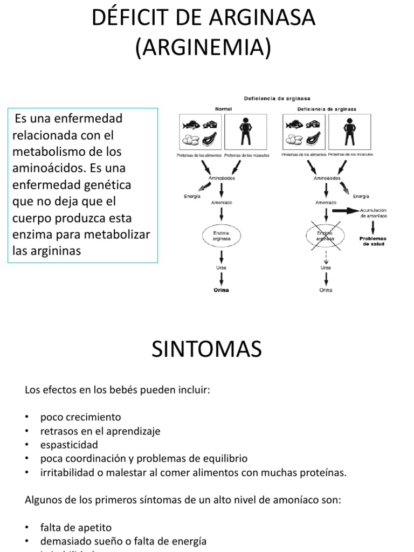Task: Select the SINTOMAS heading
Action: pyautogui.click(x=206, y=349)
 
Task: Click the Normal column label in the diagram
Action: pyautogui.click(x=223, y=108)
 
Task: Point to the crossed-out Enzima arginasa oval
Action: pyautogui.click(x=326, y=234)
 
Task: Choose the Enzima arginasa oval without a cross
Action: pyautogui.click(x=222, y=234)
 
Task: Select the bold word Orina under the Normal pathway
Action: pyautogui.click(x=221, y=290)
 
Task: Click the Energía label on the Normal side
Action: pyautogui.click(x=192, y=197)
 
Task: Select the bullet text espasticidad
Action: pyautogui.click(x=69, y=445)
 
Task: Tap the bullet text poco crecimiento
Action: pyautogui.click(x=80, y=417)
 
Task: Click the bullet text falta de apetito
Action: pyautogui.click(x=75, y=527)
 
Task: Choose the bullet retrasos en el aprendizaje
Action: pyautogui.click(x=100, y=431)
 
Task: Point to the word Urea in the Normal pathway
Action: pyautogui.click(x=221, y=267)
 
